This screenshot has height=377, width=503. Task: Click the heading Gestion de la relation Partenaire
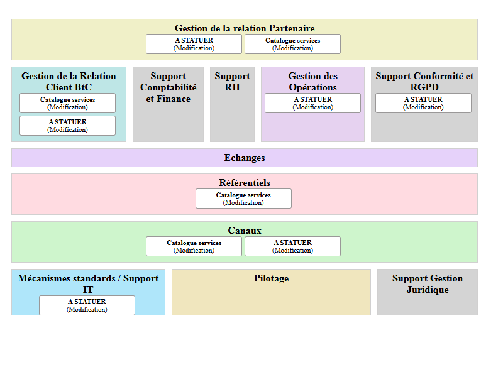click(245, 28)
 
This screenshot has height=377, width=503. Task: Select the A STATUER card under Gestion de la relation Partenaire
click(194, 44)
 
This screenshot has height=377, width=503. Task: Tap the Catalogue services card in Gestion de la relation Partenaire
click(292, 44)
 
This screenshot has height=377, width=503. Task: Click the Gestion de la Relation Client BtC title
click(69, 82)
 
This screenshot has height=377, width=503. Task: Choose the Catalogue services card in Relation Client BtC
click(67, 103)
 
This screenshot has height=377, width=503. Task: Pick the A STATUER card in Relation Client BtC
click(67, 126)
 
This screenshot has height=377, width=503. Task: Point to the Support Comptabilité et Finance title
click(168, 87)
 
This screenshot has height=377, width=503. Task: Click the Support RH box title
click(232, 82)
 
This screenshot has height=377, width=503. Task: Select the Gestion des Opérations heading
click(312, 82)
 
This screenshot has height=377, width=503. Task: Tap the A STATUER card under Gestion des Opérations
click(312, 103)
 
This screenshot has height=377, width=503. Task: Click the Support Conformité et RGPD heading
click(424, 82)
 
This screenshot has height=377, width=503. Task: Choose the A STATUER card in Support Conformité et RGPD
click(423, 103)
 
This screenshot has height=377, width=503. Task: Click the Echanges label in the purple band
click(245, 158)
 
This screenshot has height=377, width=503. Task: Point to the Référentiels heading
click(245, 183)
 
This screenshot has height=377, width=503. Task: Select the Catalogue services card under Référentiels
click(243, 199)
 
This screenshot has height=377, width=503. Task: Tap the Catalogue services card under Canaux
click(194, 246)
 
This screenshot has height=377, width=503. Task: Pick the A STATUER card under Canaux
click(292, 246)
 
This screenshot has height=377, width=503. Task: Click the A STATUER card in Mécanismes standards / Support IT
click(87, 305)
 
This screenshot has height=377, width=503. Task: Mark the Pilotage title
click(271, 278)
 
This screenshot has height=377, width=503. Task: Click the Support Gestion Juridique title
click(428, 284)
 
